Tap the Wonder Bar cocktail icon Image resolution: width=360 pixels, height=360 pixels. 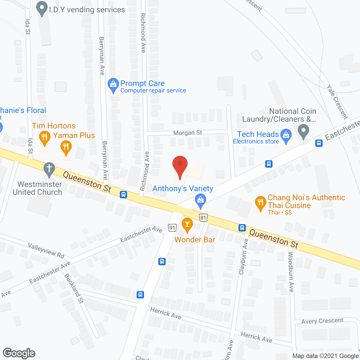click(x=187, y=225)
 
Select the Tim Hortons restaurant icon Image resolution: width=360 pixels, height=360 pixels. click(x=44, y=138)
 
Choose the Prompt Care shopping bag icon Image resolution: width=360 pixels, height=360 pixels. click(x=113, y=85)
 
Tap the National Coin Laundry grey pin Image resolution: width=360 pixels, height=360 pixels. click(x=303, y=131)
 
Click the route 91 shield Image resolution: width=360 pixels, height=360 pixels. click(x=172, y=228)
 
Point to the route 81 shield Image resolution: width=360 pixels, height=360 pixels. click(x=203, y=217)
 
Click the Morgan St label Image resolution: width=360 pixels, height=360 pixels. click(x=188, y=132)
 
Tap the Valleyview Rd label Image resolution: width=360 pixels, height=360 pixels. click(x=46, y=250)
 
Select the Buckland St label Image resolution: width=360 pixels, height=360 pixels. click(x=74, y=288)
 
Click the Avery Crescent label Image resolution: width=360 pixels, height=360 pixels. click(x=322, y=321)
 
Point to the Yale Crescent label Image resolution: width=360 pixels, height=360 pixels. click(x=337, y=102)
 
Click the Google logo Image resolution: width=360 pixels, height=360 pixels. click(x=19, y=353)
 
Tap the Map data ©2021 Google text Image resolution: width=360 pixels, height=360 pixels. click(x=326, y=356)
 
